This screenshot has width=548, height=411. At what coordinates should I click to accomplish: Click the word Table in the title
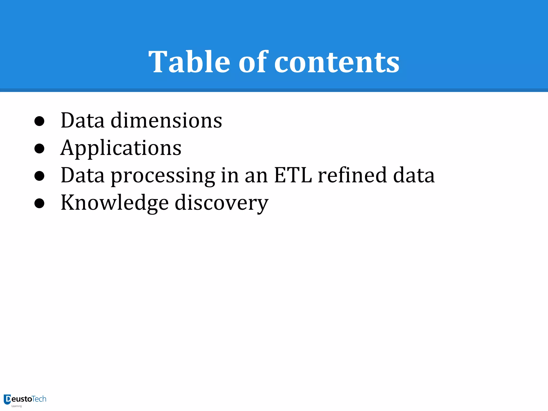[189, 62]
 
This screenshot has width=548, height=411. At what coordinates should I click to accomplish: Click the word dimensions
[166, 120]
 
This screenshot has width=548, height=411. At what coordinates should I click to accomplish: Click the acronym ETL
[293, 175]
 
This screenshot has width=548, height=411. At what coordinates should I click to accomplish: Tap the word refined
[352, 175]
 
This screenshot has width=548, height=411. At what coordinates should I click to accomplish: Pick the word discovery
[222, 203]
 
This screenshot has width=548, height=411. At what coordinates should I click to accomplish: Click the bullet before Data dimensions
[39, 121]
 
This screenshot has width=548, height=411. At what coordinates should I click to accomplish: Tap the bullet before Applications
[39, 149]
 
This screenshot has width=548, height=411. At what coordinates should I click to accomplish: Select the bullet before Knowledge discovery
[39, 203]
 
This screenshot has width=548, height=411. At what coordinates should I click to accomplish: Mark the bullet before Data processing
[39, 176]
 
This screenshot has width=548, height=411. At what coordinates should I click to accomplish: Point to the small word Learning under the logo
[16, 406]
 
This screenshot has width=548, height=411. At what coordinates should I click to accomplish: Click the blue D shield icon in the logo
[7, 399]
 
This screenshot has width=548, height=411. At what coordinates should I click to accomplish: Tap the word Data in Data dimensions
[82, 120]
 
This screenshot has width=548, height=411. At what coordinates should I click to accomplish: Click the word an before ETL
[256, 176]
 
